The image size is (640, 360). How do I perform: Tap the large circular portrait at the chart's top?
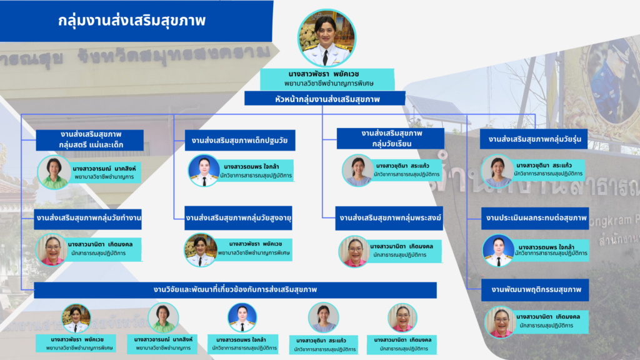pos(327,38)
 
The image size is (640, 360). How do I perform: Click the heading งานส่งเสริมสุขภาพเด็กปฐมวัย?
pos(239,140)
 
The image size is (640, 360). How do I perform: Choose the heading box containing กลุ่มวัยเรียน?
pos(391,139)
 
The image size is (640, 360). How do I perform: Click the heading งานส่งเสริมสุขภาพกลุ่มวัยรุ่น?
pos(534,139)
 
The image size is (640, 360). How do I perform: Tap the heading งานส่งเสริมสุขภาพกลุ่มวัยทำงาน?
pos(89,219)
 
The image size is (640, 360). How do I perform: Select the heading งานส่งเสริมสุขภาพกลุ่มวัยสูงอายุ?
pos(239,219)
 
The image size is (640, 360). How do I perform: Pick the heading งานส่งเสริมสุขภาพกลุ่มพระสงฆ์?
pos(391,219)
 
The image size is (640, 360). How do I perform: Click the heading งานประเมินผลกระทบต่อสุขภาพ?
pos(534,218)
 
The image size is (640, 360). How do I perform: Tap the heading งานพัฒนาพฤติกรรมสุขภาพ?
pos(534,290)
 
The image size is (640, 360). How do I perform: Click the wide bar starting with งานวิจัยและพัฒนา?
pos(235,290)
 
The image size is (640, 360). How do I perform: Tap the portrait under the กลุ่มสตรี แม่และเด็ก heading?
pos(54,172)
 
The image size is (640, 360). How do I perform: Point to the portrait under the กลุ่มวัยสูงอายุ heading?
pos(201,249)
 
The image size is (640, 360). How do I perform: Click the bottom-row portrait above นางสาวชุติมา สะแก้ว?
pos(323,317)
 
